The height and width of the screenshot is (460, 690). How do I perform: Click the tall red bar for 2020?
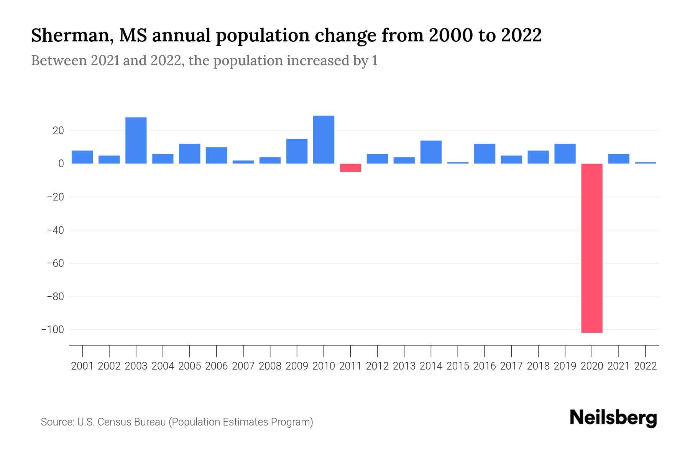[592, 248]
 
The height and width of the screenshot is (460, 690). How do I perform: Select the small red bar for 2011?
[350, 168]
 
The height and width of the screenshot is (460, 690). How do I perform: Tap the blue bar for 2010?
[324, 140]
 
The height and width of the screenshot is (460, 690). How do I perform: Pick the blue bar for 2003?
[136, 140]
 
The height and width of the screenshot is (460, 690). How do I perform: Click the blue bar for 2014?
[431, 152]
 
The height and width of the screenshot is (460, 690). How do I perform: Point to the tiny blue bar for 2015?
[458, 163]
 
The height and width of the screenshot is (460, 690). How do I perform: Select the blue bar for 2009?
[297, 151]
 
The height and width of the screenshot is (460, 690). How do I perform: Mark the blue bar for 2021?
[619, 159]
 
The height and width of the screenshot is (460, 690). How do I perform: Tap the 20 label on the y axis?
[58, 131]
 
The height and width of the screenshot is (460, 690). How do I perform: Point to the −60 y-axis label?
[55, 263]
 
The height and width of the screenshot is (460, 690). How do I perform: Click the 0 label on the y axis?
[61, 164]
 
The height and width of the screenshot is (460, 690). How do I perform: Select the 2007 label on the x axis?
[243, 366]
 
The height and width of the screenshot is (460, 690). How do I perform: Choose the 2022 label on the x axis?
[646, 366]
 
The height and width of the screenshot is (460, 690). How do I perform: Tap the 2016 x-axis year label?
[485, 366]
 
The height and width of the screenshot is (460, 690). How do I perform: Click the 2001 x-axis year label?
[82, 366]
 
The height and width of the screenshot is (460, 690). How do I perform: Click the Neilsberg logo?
[613, 418]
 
